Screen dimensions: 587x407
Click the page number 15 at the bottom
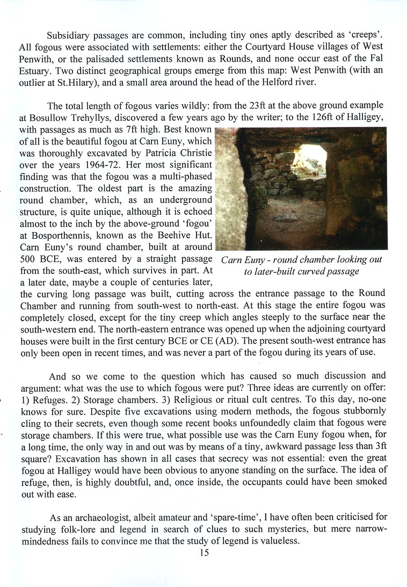203,553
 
